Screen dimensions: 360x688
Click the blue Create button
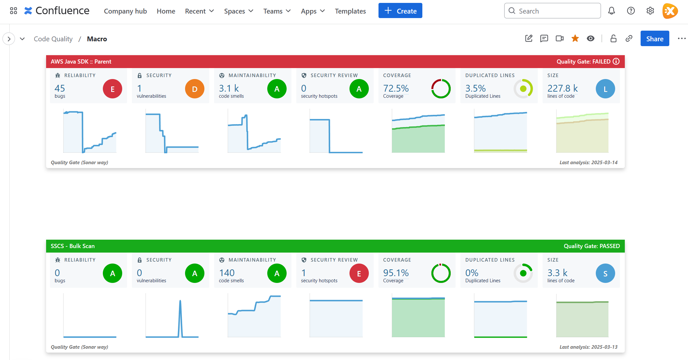click(400, 11)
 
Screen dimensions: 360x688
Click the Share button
click(654, 39)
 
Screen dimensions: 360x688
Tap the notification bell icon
click(611, 11)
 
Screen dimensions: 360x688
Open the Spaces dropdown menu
click(239, 11)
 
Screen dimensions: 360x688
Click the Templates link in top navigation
click(350, 11)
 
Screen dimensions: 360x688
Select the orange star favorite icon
click(575, 39)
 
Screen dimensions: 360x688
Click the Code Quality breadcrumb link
click(53, 39)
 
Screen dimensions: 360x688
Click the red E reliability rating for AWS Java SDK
click(113, 89)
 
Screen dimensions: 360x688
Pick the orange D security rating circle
click(195, 89)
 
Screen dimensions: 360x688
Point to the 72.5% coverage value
click(396, 88)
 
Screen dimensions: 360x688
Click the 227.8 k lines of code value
click(562, 88)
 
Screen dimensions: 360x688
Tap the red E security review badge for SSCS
click(359, 274)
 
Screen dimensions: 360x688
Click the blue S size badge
click(605, 274)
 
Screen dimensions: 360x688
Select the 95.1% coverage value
click(396, 273)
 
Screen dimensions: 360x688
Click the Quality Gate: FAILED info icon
click(616, 62)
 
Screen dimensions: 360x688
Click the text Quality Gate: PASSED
click(591, 246)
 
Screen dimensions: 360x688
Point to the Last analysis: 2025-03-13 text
click(588, 347)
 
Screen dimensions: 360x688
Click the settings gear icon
click(650, 11)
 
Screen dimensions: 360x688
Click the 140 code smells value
click(227, 273)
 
